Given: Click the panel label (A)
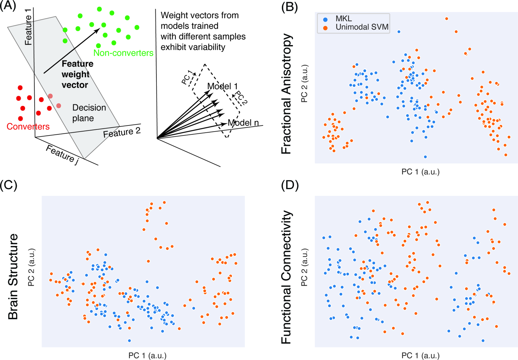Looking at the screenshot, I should click(8, 6).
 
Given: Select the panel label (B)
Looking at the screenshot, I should click(289, 7).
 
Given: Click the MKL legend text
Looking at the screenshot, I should click(343, 19).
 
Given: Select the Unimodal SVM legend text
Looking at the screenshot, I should click(362, 27).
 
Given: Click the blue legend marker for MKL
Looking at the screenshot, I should click(325, 19).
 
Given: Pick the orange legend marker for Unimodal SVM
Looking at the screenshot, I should click(325, 28).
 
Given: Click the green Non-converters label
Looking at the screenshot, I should click(123, 53).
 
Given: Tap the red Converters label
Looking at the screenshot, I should click(28, 127).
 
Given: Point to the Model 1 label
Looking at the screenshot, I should click(222, 86).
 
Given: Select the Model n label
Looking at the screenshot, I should click(243, 123).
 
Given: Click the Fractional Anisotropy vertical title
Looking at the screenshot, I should click(287, 94).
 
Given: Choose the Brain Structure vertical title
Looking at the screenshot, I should click(13, 276).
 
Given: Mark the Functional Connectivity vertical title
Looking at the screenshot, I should click(287, 277).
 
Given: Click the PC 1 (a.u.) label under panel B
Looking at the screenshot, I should click(420, 172).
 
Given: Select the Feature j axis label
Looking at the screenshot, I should click(62, 155).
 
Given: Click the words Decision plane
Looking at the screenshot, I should click(89, 113).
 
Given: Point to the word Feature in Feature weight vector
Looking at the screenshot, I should click(78, 64).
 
